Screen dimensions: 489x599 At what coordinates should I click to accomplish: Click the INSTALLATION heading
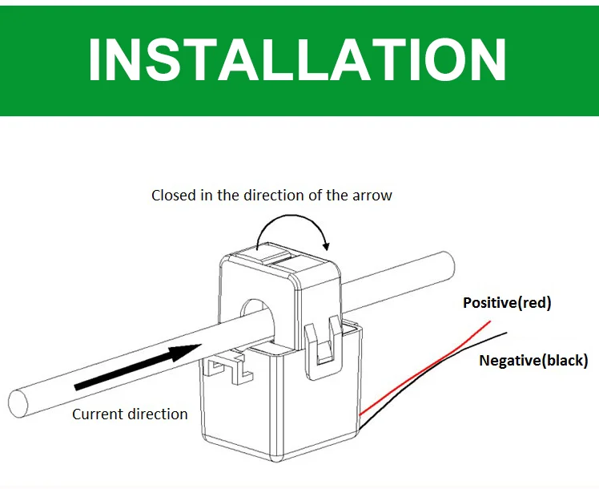coord(297,58)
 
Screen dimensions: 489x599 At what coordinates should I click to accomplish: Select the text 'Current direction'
coord(130,414)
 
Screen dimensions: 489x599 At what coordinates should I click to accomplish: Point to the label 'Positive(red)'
coord(507,303)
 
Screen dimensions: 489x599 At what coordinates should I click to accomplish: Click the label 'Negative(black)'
coord(533,360)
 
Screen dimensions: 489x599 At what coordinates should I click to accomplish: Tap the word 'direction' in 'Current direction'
coord(159,414)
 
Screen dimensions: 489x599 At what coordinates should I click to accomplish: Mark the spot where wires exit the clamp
coord(362,418)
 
